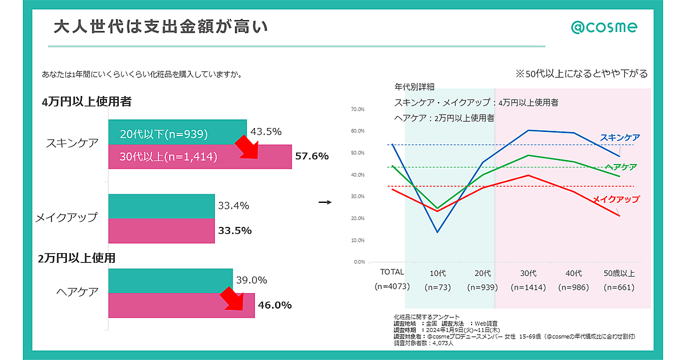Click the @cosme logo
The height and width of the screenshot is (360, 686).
coord(604,27)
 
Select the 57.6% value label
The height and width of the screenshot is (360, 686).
coord(311,156)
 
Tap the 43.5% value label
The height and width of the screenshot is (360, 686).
coord(266,131)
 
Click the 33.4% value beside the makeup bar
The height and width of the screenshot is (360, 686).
coord(233,206)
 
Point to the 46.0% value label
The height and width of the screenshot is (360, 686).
coord(274,305)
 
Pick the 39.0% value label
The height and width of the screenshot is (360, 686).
coord(252,280)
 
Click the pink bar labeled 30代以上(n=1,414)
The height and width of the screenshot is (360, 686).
coord(171,157)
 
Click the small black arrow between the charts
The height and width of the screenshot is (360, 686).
coord(325,202)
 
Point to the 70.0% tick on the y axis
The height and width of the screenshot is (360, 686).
coord(357,109)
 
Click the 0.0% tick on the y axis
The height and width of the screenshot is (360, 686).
coord(358,262)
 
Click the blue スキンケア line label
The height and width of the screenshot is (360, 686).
coord(620,138)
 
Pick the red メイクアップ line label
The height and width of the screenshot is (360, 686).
coord(615,199)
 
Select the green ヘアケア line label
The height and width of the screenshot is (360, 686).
coord(621,167)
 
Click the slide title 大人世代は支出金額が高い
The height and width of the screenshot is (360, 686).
coord(160,27)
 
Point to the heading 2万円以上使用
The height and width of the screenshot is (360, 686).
coord(77,258)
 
